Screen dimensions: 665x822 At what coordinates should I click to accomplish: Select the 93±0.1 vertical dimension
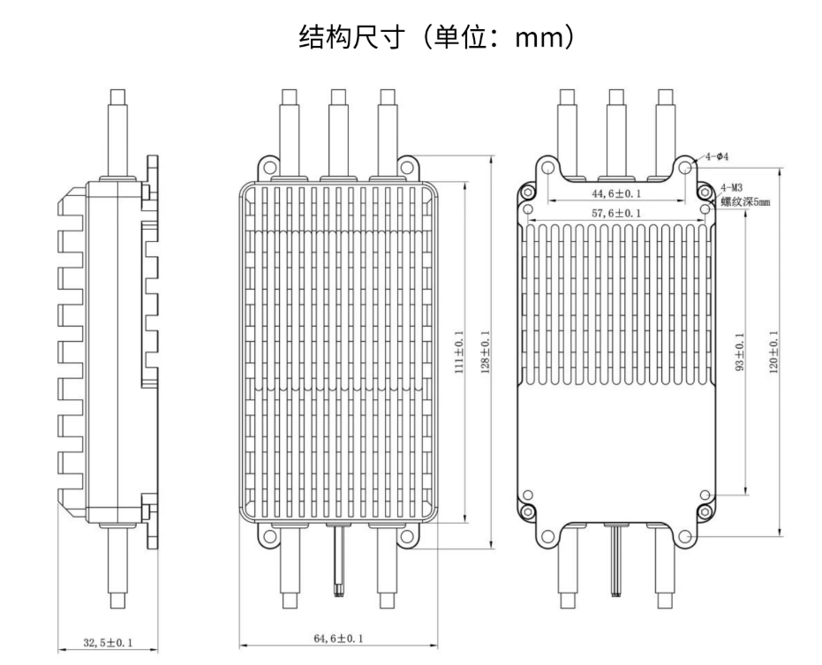tap(739, 351)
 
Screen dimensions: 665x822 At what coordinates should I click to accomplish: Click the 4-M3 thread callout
tap(731, 187)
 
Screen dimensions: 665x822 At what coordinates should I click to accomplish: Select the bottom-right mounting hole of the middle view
tap(406, 536)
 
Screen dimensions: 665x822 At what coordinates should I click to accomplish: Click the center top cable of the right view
tap(617, 124)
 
